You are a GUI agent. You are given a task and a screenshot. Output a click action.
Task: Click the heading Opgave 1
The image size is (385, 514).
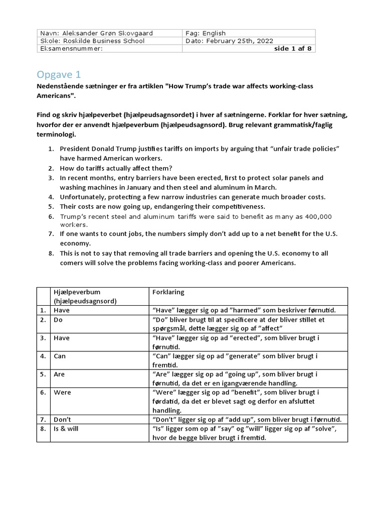click(x=59, y=75)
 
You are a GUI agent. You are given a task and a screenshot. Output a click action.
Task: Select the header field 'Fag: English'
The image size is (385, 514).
click(x=206, y=33)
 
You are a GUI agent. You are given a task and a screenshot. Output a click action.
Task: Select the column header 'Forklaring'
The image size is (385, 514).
click(x=167, y=292)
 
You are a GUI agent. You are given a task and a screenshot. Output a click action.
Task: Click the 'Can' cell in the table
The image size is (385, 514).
click(x=60, y=356)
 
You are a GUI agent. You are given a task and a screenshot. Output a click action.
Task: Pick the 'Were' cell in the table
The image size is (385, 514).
click(x=62, y=392)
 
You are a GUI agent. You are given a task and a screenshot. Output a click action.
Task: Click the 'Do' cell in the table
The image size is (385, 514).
click(x=59, y=320)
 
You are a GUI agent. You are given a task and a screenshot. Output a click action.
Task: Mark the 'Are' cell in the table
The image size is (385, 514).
click(x=59, y=374)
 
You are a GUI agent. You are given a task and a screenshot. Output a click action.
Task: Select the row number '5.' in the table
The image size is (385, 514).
click(x=44, y=374)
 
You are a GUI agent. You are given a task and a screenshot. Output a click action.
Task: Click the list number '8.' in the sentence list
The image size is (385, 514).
click(x=51, y=253)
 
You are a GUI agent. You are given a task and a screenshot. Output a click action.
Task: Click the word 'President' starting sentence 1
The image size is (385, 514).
click(x=75, y=149)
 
